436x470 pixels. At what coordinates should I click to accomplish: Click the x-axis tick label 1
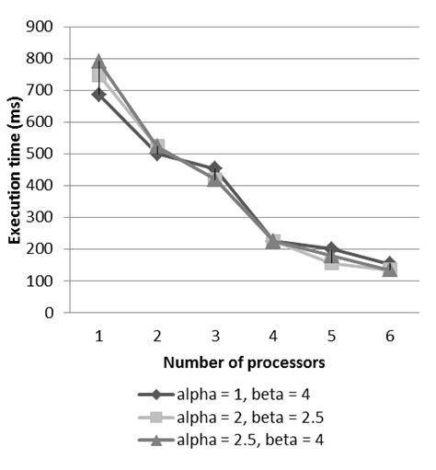click(98, 337)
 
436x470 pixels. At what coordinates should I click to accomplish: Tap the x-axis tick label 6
click(389, 337)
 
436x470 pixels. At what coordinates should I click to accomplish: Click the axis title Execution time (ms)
click(16, 170)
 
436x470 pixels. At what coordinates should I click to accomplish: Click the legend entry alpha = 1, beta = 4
click(237, 395)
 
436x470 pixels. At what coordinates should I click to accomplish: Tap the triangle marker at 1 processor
click(98, 63)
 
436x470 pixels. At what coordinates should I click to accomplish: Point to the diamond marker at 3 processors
click(214, 169)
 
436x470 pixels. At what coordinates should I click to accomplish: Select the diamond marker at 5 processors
click(331, 249)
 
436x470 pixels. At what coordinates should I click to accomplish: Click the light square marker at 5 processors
click(331, 263)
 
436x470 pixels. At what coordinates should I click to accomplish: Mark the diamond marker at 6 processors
click(389, 265)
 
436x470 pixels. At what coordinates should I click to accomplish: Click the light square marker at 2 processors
click(157, 146)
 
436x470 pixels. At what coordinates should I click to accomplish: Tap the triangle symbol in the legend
click(155, 440)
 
